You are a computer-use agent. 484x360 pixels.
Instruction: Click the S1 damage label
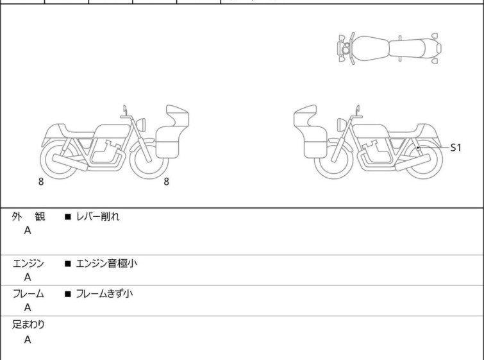click(456, 148)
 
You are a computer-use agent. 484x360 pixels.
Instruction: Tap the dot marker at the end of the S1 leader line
click(418, 148)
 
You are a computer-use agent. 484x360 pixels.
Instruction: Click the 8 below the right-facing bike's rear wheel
click(41, 182)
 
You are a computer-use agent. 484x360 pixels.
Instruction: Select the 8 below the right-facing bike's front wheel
click(166, 182)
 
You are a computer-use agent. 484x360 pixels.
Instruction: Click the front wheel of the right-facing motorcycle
click(149, 160)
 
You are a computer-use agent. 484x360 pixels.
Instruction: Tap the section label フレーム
click(28, 295)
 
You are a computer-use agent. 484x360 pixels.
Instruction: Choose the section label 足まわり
click(28, 325)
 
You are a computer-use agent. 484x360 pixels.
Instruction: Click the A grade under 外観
click(28, 231)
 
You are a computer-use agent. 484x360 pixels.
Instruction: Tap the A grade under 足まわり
click(28, 340)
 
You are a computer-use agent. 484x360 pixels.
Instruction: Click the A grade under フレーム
click(28, 308)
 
